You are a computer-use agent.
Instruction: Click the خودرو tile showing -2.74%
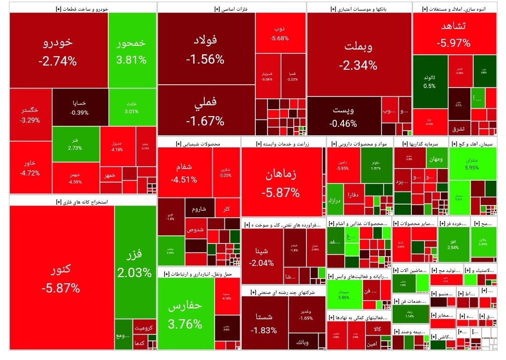(x=58, y=51)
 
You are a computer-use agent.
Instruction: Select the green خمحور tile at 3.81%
(x=131, y=51)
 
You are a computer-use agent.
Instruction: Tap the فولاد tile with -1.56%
(x=205, y=49)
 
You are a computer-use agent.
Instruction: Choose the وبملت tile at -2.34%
(x=358, y=54)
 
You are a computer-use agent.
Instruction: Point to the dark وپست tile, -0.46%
(x=343, y=117)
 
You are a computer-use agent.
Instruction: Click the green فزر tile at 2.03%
(x=135, y=262)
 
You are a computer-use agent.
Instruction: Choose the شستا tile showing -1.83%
(x=264, y=323)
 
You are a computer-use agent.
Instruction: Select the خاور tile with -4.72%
(x=30, y=168)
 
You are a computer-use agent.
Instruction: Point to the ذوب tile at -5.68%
(x=280, y=33)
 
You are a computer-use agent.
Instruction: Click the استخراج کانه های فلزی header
(x=82, y=202)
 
